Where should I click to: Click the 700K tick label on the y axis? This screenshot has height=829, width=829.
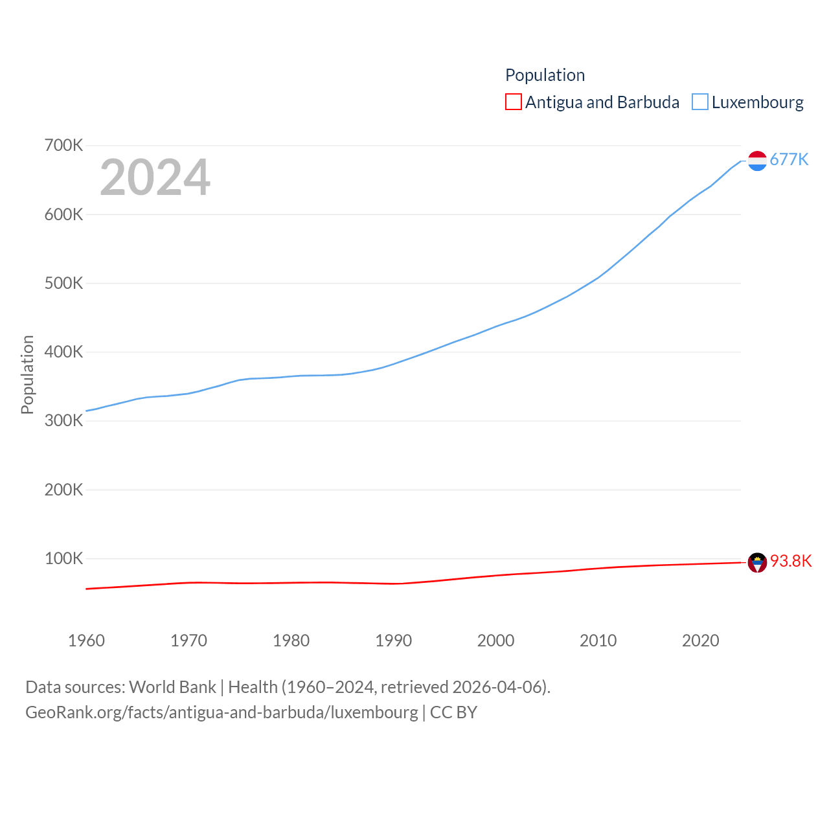click(x=63, y=145)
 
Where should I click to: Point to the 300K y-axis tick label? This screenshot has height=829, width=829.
click(x=63, y=420)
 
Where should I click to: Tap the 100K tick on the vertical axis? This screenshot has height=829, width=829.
click(x=63, y=558)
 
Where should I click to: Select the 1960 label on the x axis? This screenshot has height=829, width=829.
click(x=86, y=641)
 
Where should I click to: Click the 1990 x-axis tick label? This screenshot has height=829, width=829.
click(x=393, y=641)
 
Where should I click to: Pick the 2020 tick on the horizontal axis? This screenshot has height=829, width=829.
click(x=700, y=641)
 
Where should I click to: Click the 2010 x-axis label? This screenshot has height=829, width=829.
click(x=598, y=641)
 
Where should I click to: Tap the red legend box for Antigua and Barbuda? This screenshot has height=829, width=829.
click(x=513, y=102)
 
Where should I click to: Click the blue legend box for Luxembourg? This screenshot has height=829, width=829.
click(x=699, y=102)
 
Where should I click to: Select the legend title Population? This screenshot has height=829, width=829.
click(x=545, y=75)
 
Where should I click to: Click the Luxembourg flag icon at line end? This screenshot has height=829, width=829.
click(x=757, y=161)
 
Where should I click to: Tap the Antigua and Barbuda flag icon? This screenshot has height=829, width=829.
click(x=757, y=562)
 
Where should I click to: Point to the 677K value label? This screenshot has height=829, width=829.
click(x=789, y=159)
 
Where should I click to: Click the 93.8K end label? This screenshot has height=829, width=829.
click(x=790, y=561)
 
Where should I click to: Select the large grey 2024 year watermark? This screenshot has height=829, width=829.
click(x=155, y=177)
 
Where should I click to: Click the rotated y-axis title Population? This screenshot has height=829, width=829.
click(x=27, y=374)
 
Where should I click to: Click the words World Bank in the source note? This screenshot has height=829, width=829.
click(x=172, y=687)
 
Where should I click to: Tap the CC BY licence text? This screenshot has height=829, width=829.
click(x=453, y=712)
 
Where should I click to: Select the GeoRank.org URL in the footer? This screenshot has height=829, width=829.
click(x=221, y=712)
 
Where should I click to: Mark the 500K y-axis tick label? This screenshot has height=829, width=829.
click(x=63, y=283)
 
